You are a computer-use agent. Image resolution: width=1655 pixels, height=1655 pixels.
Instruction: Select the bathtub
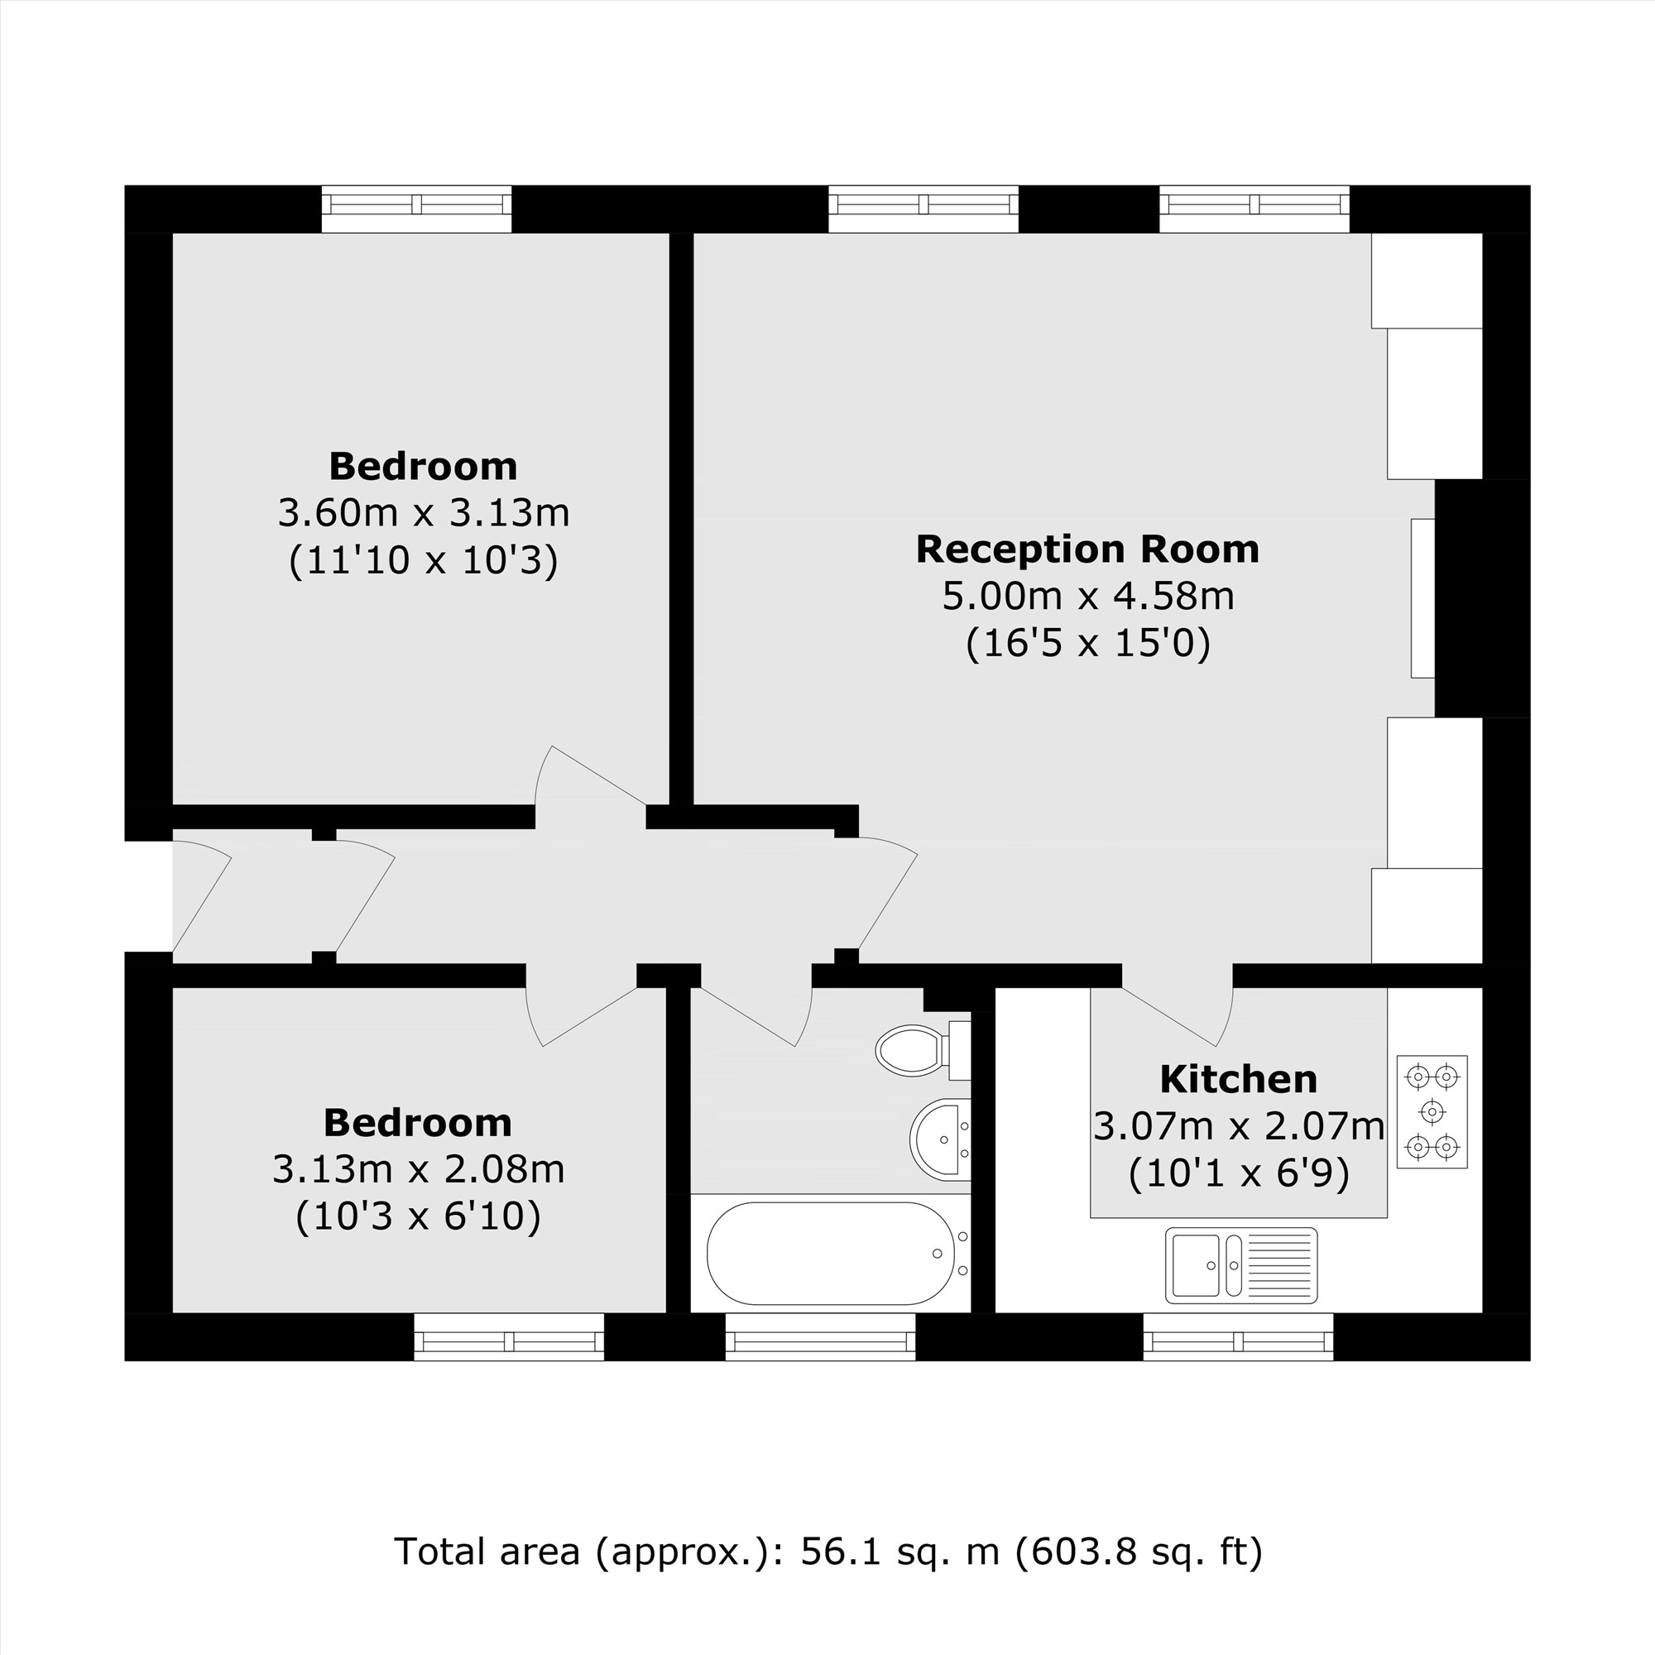click(x=829, y=1253)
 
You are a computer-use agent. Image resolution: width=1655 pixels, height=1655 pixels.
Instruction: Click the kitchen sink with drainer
click(x=1240, y=1265)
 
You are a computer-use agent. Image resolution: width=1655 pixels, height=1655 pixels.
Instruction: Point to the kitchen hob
click(x=1432, y=1112)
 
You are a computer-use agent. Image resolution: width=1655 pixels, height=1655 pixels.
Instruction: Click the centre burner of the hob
click(x=1432, y=1112)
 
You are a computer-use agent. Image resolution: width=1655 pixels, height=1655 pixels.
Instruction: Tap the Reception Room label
click(x=1087, y=549)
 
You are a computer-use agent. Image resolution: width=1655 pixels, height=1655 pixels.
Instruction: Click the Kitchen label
click(x=1238, y=1079)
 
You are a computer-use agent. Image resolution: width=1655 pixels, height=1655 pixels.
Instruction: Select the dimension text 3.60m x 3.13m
click(x=423, y=513)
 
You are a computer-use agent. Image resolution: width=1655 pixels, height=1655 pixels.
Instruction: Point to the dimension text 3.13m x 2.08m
click(x=418, y=1169)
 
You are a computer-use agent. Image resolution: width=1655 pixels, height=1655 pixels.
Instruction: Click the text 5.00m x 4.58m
click(x=1087, y=596)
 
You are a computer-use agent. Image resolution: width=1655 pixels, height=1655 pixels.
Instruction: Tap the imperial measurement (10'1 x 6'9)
click(x=1238, y=1173)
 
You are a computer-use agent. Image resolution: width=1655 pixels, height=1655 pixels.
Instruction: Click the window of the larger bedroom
click(x=416, y=209)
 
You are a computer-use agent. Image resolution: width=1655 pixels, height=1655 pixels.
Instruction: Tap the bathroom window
click(x=820, y=1336)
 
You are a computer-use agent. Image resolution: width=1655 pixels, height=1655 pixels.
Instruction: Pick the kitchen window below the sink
click(x=1238, y=1336)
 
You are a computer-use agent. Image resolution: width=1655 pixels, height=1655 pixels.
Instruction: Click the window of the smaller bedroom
click(x=509, y=1336)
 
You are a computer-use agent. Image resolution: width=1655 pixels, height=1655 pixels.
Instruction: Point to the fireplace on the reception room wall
click(x=1422, y=598)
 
